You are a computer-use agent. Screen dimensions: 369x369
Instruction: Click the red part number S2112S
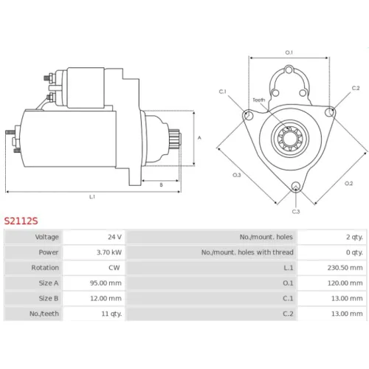(x=21, y=221)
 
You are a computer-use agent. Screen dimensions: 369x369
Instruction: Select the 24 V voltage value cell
(x=114, y=237)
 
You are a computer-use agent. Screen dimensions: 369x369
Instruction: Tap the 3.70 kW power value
(x=109, y=252)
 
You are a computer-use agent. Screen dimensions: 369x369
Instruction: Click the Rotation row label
(x=45, y=268)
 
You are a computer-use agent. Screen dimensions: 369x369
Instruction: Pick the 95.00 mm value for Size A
(x=106, y=283)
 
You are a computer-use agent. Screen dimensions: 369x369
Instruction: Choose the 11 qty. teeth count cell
(x=111, y=314)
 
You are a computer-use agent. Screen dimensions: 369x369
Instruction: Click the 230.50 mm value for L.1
(x=345, y=268)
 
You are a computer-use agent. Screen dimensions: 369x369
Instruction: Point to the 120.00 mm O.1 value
(x=345, y=283)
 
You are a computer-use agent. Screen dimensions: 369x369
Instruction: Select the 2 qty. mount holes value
(x=354, y=237)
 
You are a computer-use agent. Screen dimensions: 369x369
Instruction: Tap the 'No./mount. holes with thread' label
(x=247, y=252)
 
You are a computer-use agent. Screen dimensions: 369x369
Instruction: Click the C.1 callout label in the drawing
(x=222, y=92)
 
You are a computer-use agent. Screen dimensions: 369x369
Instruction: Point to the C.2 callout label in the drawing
(x=356, y=88)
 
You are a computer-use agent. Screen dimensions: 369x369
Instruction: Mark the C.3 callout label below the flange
(x=296, y=212)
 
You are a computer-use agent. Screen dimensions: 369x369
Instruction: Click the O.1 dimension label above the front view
(x=289, y=52)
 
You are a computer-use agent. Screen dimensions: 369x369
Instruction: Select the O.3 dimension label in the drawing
(x=237, y=175)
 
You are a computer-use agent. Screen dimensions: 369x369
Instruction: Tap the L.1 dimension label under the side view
(x=92, y=196)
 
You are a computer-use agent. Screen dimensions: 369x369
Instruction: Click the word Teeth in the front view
(x=259, y=100)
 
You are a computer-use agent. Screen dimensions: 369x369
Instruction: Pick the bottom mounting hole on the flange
(x=296, y=186)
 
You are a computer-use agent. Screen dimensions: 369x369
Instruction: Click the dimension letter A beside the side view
(x=199, y=138)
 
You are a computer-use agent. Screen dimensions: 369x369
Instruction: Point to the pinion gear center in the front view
(x=290, y=139)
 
